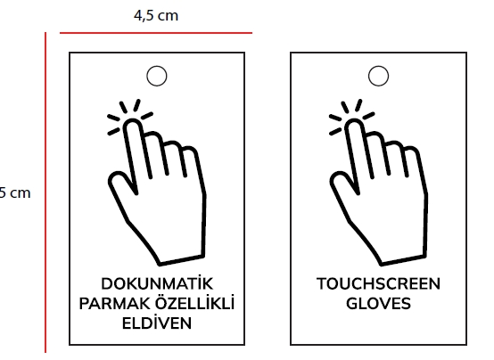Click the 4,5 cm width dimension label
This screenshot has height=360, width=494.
pyautogui.click(x=156, y=16)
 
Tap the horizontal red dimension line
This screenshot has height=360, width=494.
pyautogui.click(x=156, y=32)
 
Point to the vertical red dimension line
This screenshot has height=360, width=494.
pyautogui.click(x=45, y=192)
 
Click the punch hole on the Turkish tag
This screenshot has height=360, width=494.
pyautogui.click(x=157, y=76)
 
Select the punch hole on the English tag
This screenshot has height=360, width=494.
pyautogui.click(x=378, y=76)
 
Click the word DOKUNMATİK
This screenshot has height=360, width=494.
pyautogui.click(x=157, y=282)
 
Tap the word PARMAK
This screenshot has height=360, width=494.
pyautogui.click(x=115, y=304)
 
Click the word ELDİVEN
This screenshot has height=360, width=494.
pyautogui.click(x=157, y=323)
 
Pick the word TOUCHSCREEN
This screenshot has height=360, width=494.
pyautogui.click(x=378, y=283)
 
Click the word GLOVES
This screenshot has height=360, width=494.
pyautogui.click(x=378, y=304)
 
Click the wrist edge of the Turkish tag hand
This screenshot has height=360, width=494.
pyautogui.click(x=181, y=260)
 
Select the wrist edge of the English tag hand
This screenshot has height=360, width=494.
pyautogui.click(x=403, y=260)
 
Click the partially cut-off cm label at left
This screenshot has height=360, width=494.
pyautogui.click(x=15, y=192)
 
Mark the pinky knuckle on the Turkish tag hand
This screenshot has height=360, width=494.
pyautogui.click(x=191, y=151)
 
